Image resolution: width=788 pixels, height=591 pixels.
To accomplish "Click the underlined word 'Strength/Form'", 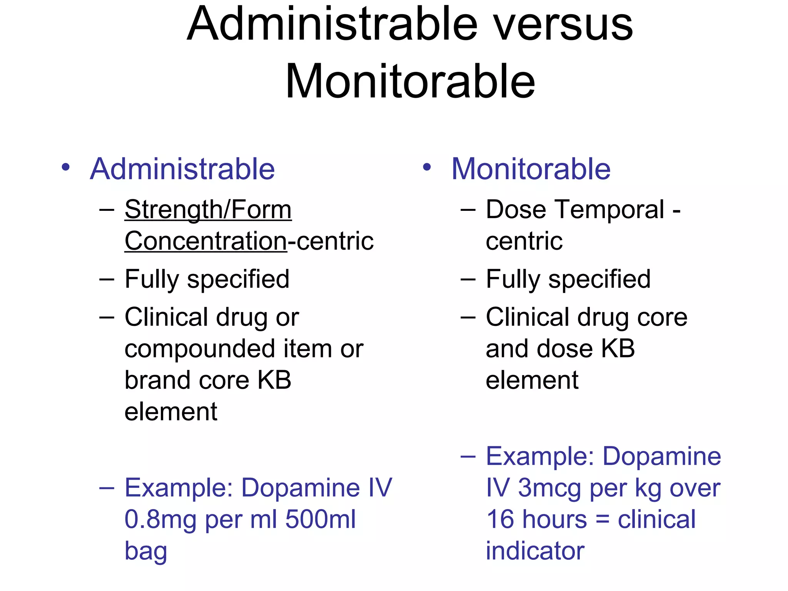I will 208,210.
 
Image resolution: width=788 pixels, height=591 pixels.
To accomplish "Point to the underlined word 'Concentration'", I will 206,241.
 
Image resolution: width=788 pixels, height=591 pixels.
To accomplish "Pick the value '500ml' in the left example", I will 321,519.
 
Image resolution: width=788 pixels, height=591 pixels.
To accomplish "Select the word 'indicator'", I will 535,551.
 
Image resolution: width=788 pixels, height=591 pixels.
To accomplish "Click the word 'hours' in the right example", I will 554,519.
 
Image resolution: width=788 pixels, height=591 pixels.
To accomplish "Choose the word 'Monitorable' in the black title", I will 410,82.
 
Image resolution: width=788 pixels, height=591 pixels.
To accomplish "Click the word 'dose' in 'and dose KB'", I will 565,349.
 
